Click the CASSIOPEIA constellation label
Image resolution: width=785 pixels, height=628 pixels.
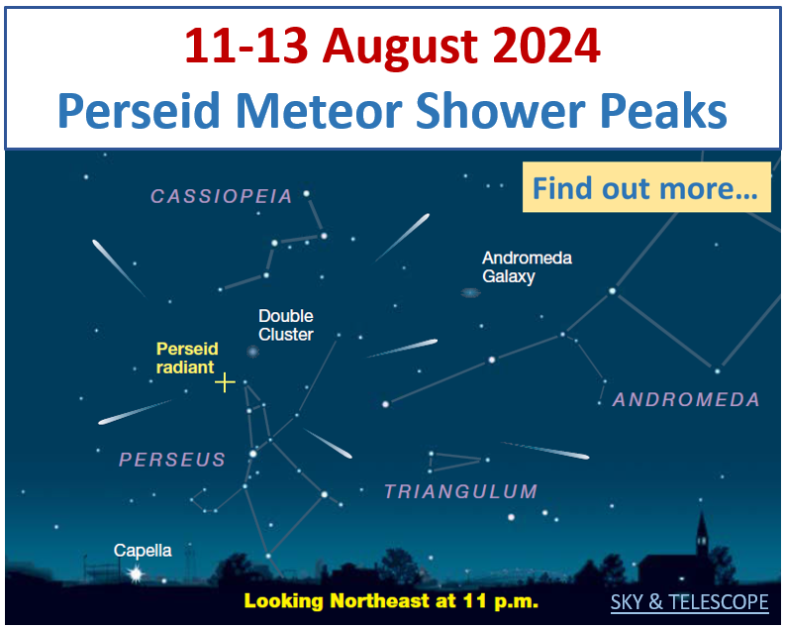point(222,196)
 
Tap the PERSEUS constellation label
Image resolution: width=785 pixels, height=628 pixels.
point(172,460)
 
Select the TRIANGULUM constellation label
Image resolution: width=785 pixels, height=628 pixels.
point(461,491)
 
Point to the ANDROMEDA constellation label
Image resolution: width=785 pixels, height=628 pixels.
point(686,399)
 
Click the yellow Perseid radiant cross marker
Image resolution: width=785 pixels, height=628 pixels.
point(225,382)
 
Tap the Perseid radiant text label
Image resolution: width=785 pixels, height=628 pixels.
point(187,358)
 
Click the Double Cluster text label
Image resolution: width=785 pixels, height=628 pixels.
point(286,325)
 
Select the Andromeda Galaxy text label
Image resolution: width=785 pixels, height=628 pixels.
point(527,266)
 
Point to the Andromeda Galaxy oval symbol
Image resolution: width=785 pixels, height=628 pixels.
point(470,292)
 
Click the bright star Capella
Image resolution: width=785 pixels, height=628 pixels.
point(136,574)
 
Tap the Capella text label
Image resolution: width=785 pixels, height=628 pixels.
point(143,551)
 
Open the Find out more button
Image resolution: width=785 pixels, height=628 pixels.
point(646,187)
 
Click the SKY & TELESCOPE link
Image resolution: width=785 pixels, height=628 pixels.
point(689,602)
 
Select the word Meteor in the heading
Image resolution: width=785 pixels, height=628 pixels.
point(319,110)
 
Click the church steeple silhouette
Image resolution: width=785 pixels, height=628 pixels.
point(702,534)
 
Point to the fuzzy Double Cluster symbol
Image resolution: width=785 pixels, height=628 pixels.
point(252,352)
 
